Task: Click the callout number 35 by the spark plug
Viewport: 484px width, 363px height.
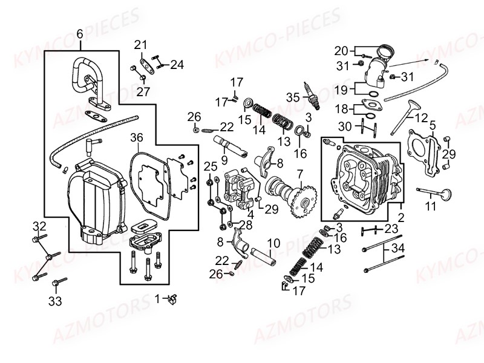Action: (x=293, y=97)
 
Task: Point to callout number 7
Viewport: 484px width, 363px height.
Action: (x=299, y=174)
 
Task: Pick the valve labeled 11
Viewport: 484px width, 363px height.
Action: (x=435, y=194)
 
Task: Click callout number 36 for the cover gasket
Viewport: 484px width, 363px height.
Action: (x=137, y=138)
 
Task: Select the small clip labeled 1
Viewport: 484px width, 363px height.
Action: (x=172, y=298)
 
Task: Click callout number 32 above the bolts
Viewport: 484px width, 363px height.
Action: (x=39, y=226)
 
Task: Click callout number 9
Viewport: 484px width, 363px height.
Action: (x=224, y=160)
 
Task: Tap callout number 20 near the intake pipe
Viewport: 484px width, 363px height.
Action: (x=341, y=50)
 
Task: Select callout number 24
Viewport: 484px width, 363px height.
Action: (x=177, y=64)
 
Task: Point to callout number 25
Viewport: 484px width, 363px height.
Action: (x=210, y=166)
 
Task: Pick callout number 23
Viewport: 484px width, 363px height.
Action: (x=391, y=229)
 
